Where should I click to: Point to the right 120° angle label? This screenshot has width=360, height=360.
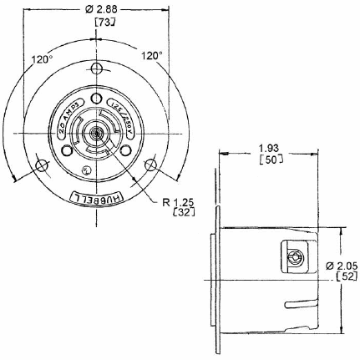pos(150,56)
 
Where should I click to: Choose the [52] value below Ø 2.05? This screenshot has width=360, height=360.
pos(338,276)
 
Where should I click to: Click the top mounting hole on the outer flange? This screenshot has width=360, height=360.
pos(97,68)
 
